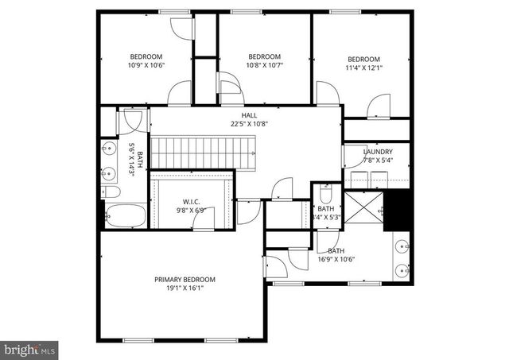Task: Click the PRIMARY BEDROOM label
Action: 185,280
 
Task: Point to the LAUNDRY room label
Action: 378,151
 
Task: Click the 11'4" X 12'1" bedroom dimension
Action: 363,68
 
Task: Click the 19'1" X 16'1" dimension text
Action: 185,289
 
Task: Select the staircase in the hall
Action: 203,151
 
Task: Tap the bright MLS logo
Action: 29,348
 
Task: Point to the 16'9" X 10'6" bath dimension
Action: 335,259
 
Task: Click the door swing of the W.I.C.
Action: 204,223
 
